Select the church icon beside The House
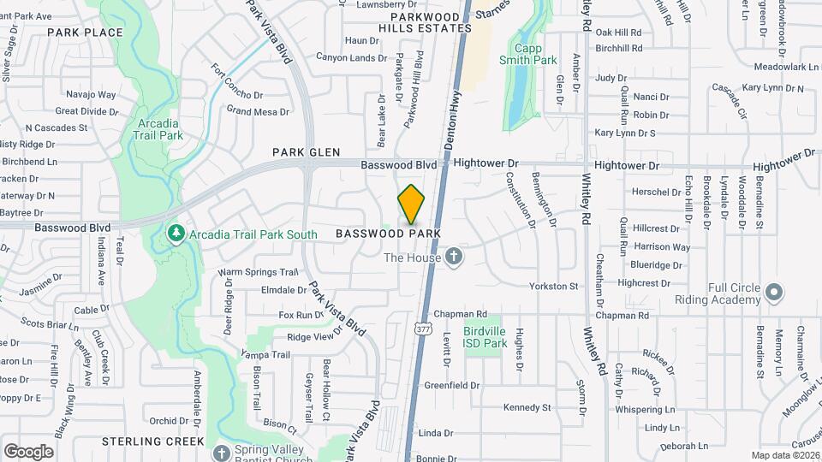455,257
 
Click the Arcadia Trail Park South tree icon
176,234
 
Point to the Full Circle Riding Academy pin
774,293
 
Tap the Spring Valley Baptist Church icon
222,452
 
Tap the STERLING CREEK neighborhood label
152,441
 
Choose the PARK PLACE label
85,33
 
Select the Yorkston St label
554,286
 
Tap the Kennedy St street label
527,407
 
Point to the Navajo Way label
92,95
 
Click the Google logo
28,451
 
